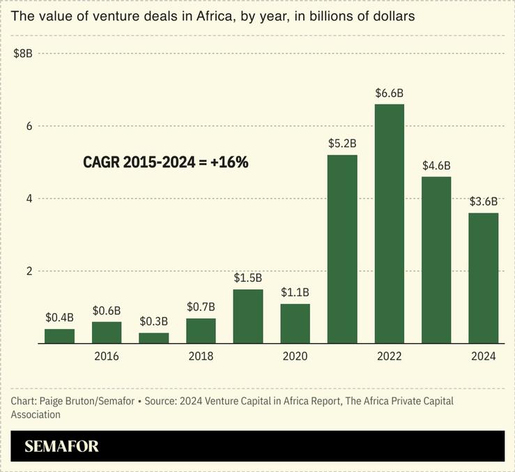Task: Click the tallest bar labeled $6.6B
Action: pos(390,223)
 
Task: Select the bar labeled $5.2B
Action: pos(342,249)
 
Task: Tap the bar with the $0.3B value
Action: pos(154,338)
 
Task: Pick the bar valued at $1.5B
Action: pos(248,317)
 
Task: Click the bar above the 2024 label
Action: pos(484,278)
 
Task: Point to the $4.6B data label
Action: pos(437,166)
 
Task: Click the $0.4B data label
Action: pos(59,318)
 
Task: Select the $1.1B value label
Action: pos(295,293)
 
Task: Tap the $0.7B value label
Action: pos(201,307)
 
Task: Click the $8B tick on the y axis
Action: pos(23,54)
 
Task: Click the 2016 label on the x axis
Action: pos(107,356)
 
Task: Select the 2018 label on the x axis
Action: pos(201,356)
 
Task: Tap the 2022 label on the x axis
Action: pos(390,356)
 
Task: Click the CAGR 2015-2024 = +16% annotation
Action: pos(166,162)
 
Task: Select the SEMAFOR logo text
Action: pos(61,447)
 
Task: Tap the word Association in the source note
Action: pos(36,415)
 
